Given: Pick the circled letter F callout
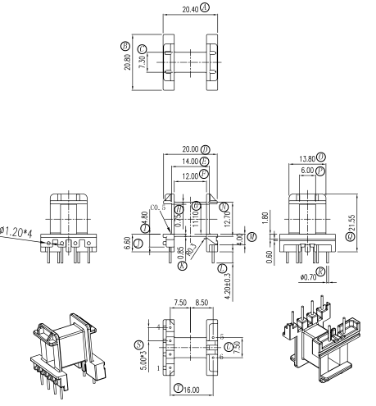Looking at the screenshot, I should [204, 175].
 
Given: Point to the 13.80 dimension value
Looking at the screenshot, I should [305, 157].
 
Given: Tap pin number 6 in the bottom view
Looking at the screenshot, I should [223, 358].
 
